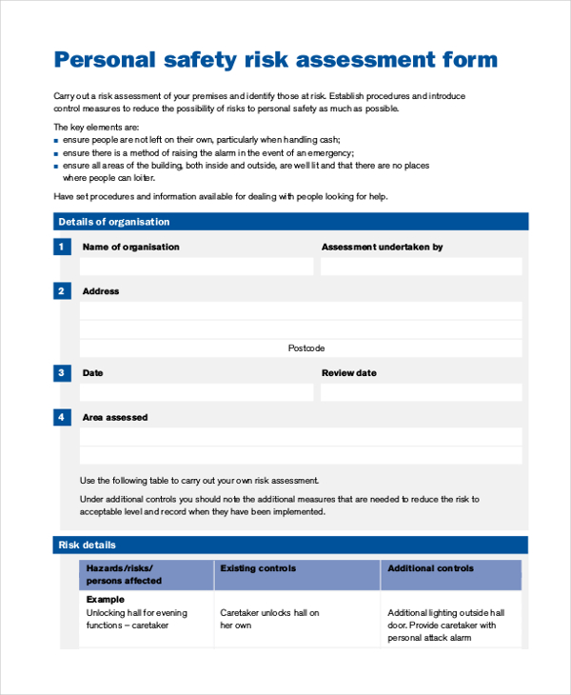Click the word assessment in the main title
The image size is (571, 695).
pyautogui.click(x=365, y=60)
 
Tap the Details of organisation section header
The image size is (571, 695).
pyautogui.click(x=113, y=222)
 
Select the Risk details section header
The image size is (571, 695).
pyautogui.click(x=88, y=545)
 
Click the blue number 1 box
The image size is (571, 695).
pyautogui.click(x=62, y=247)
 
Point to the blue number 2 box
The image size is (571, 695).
pyautogui.click(x=62, y=291)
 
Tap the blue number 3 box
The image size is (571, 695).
pyautogui.click(x=62, y=373)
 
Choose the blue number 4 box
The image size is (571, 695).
pyautogui.click(x=62, y=417)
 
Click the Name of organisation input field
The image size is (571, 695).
pyautogui.click(x=196, y=267)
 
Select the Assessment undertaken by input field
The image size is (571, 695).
pyautogui.click(x=421, y=267)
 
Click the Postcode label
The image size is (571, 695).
pyautogui.click(x=306, y=348)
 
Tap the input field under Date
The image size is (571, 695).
pyautogui.click(x=196, y=392)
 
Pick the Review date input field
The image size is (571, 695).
pyautogui.click(x=421, y=392)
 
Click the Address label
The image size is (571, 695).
pyautogui.click(x=101, y=291)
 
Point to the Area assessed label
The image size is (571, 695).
pyautogui.click(x=115, y=417)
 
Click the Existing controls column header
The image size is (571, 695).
pyautogui.click(x=258, y=568)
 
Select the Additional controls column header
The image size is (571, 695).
pyautogui.click(x=430, y=568)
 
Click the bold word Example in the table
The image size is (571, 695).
pyautogui.click(x=106, y=600)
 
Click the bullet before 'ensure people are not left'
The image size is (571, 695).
pyautogui.click(x=56, y=140)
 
